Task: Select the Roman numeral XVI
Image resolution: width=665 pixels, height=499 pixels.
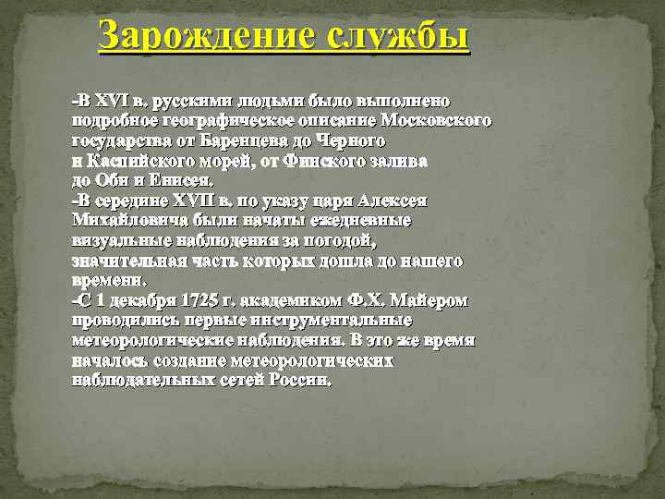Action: point(114,100)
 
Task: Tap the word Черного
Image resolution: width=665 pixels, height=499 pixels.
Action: point(355,140)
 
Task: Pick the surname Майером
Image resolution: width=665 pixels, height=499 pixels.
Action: point(426,301)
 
